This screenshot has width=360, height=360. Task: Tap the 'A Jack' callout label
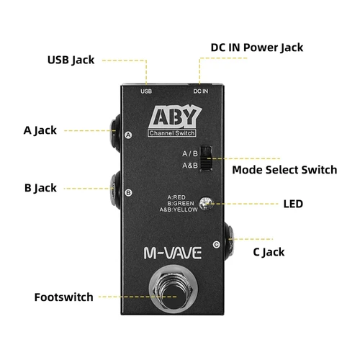click(x=40, y=130)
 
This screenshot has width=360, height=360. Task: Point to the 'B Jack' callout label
click(x=40, y=188)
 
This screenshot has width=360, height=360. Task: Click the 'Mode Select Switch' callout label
click(x=284, y=171)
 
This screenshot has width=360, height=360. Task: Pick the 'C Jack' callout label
click(x=269, y=251)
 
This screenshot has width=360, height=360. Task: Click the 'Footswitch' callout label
click(x=65, y=297)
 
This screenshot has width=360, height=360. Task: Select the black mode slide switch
click(x=206, y=158)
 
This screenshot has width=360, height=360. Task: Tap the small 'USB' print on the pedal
click(x=146, y=91)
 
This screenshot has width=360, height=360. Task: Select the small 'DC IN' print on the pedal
click(x=200, y=91)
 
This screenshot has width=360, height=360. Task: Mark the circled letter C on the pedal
click(x=217, y=245)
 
